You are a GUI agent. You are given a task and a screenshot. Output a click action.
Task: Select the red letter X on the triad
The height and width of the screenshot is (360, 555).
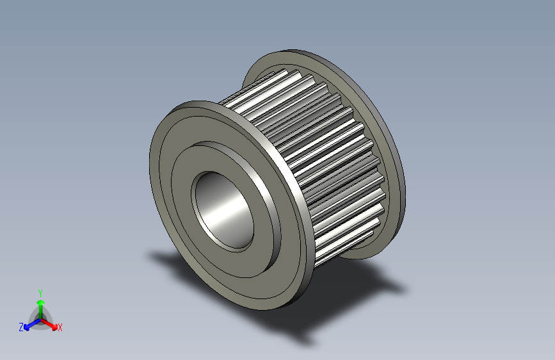click(x=60, y=327)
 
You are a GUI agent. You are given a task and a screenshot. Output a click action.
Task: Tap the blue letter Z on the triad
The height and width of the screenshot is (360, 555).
click(x=21, y=327)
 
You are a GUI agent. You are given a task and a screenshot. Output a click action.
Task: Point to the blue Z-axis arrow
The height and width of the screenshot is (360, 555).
click(x=29, y=324)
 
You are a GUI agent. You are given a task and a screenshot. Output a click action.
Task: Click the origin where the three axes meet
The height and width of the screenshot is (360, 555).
click(x=40, y=318)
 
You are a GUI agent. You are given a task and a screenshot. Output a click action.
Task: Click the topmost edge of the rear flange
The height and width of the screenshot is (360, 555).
click(x=294, y=51)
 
